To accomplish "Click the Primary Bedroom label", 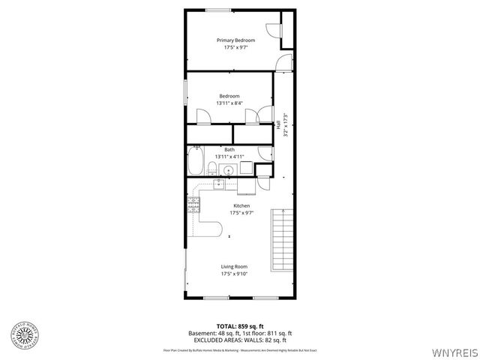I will coord(235,40).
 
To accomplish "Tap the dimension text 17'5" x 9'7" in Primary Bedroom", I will coord(235,47).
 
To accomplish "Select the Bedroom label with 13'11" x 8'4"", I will coord(229,96).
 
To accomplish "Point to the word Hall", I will coord(278,127).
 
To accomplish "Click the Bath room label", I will coord(229,149).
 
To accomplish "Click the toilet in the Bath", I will coord(263,154).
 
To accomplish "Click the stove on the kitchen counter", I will coord(194,202).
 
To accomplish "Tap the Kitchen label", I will coord(241,205).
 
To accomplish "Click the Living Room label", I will coord(234,267).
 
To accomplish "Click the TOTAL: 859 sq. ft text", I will coord(239,326).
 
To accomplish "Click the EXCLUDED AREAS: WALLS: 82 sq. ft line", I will coord(239,339).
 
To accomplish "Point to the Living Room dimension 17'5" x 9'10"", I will coord(234,274).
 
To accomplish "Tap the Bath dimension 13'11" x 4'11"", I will coord(229,156).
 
